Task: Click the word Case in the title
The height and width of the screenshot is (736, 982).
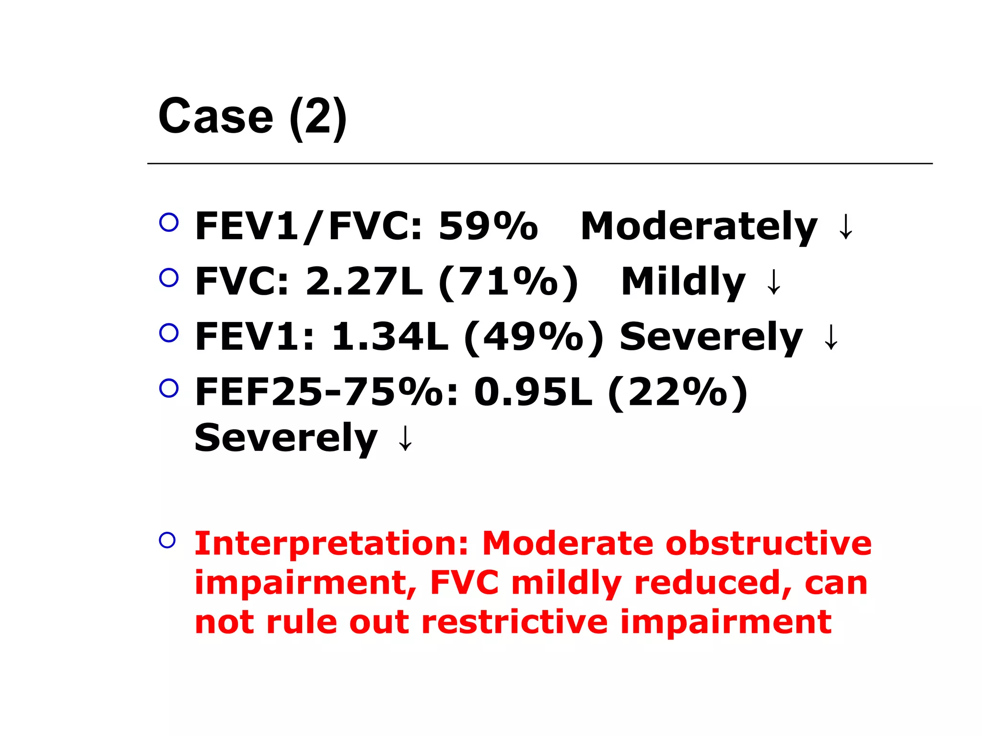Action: coord(215,116)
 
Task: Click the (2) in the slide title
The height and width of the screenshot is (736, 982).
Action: coord(318,117)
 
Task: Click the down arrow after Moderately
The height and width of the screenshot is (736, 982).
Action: coord(846,227)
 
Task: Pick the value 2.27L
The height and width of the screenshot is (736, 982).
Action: coord(364,281)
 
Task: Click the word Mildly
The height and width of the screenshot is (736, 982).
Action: coord(683,281)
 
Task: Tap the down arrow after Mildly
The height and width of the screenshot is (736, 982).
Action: coord(774,282)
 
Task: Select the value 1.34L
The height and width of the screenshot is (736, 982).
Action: coord(390,336)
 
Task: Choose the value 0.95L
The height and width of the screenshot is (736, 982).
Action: coord(533,392)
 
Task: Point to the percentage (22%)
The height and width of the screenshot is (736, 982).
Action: coord(678,392)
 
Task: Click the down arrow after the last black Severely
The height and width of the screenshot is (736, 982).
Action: coord(406,438)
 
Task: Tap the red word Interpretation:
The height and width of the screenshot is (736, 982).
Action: coord(331,544)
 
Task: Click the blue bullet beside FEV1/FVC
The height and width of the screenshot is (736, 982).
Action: coord(169,222)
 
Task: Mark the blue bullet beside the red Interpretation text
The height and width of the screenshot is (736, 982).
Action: coord(167,540)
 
